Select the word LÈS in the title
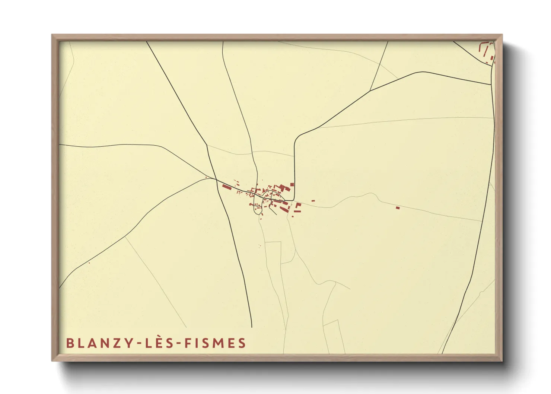pyautogui.click(x=160, y=343)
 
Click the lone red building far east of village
pyautogui.click(x=398, y=207)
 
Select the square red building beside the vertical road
pyautogui.click(x=292, y=185)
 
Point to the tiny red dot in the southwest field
pyautogui.click(x=89, y=263)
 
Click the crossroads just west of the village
pyautogui.click(x=216, y=179)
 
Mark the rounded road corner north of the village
pyautogui.click(x=296, y=139)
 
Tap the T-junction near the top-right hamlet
pyautogui.click(x=492, y=84)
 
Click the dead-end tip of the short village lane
pyautogui.click(x=275, y=215)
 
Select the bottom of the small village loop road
pyautogui.click(x=257, y=215)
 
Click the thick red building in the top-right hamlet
pyautogui.click(x=492, y=58)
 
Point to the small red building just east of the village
pyautogui.click(x=313, y=201)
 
